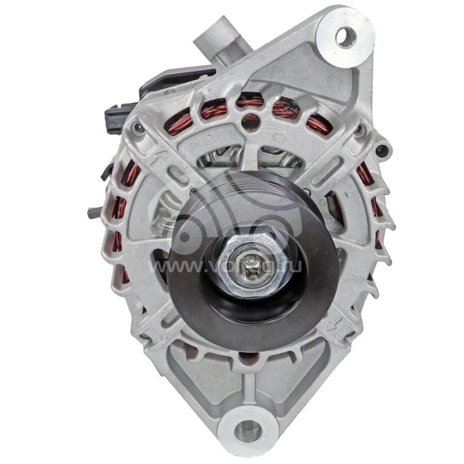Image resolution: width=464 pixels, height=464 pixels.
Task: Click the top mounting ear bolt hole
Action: tap(346, 37)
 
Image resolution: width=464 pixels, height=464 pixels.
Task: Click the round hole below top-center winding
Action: tap(250, 122)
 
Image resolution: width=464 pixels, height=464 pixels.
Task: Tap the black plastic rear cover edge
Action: tap(174, 78)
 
